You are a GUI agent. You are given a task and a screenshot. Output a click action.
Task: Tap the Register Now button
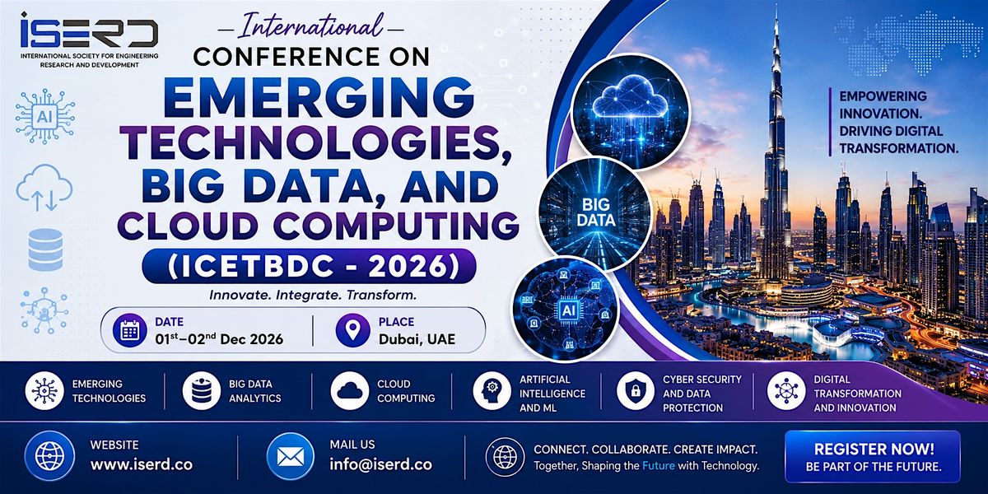tap(873, 456)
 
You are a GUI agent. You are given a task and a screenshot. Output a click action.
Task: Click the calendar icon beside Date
tap(130, 330)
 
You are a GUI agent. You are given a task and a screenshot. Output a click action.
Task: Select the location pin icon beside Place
tap(352, 330)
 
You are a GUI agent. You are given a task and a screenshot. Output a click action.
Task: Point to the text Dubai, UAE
tap(417, 338)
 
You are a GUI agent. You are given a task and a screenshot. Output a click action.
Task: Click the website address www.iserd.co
tap(142, 464)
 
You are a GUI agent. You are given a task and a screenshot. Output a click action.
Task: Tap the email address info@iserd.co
tap(380, 464)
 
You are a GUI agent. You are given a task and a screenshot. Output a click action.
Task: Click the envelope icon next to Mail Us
tap(290, 456)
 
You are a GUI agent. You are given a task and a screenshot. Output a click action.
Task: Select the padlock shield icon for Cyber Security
tap(636, 391)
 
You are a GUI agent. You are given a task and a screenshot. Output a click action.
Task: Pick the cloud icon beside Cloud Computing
tap(349, 391)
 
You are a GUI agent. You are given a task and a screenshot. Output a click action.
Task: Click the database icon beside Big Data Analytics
tap(202, 391)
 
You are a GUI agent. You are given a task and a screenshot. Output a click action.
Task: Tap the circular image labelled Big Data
tap(594, 213)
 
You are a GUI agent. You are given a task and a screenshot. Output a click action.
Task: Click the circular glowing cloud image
tap(631, 112)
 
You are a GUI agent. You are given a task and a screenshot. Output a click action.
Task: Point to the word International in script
tap(311, 26)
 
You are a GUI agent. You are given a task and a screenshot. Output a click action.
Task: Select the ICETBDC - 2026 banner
tap(310, 266)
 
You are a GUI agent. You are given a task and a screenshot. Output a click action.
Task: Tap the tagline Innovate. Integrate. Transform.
tap(313, 295)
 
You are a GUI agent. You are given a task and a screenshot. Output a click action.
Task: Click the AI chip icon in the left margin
tap(44, 116)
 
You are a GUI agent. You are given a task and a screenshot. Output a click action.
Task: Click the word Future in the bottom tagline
tap(658, 465)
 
